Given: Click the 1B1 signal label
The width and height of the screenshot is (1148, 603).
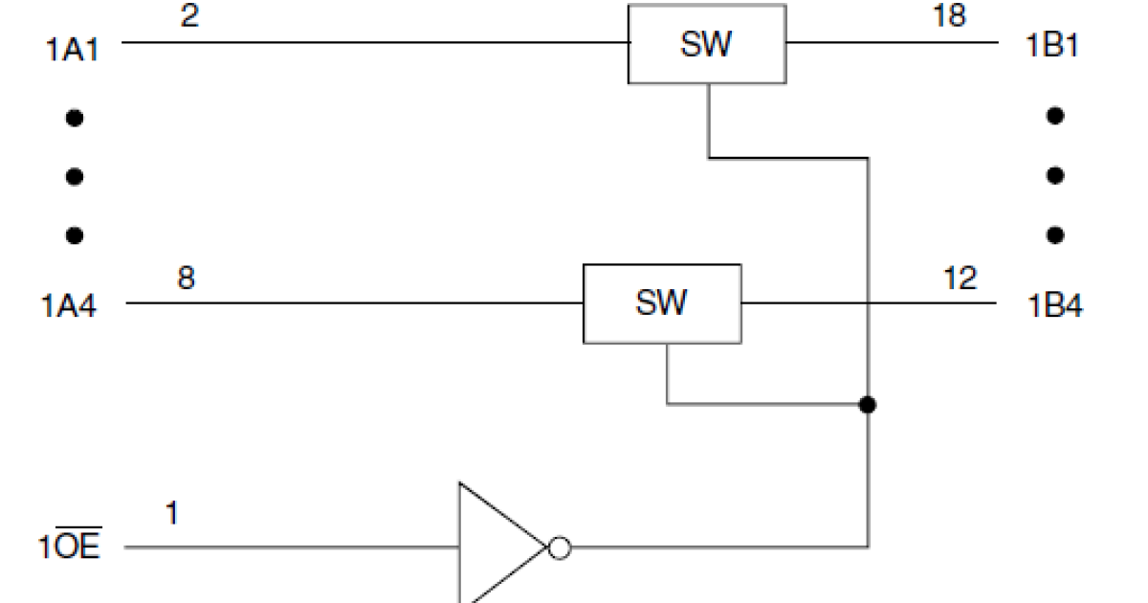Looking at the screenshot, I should tap(1052, 46).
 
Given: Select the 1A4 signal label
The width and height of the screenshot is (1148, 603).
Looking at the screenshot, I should tap(69, 307).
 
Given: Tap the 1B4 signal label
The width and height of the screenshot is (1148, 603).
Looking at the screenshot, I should tap(1055, 307).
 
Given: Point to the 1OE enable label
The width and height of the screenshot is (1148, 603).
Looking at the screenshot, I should tap(70, 549).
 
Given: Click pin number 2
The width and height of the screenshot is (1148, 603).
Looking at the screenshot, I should tap(189, 16).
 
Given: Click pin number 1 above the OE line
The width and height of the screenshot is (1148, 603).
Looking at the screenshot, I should tap(171, 515).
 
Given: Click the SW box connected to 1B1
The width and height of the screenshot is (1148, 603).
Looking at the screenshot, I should tap(707, 45).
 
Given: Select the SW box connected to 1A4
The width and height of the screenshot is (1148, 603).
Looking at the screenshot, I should tap(661, 303).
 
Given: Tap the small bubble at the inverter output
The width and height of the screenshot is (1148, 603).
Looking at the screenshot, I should tap(560, 548).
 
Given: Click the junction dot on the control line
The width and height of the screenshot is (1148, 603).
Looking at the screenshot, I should tap(867, 405).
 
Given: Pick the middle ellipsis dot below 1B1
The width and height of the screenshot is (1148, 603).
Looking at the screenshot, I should tap(1055, 176).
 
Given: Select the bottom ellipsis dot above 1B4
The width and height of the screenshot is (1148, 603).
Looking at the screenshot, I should tap(1055, 234).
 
